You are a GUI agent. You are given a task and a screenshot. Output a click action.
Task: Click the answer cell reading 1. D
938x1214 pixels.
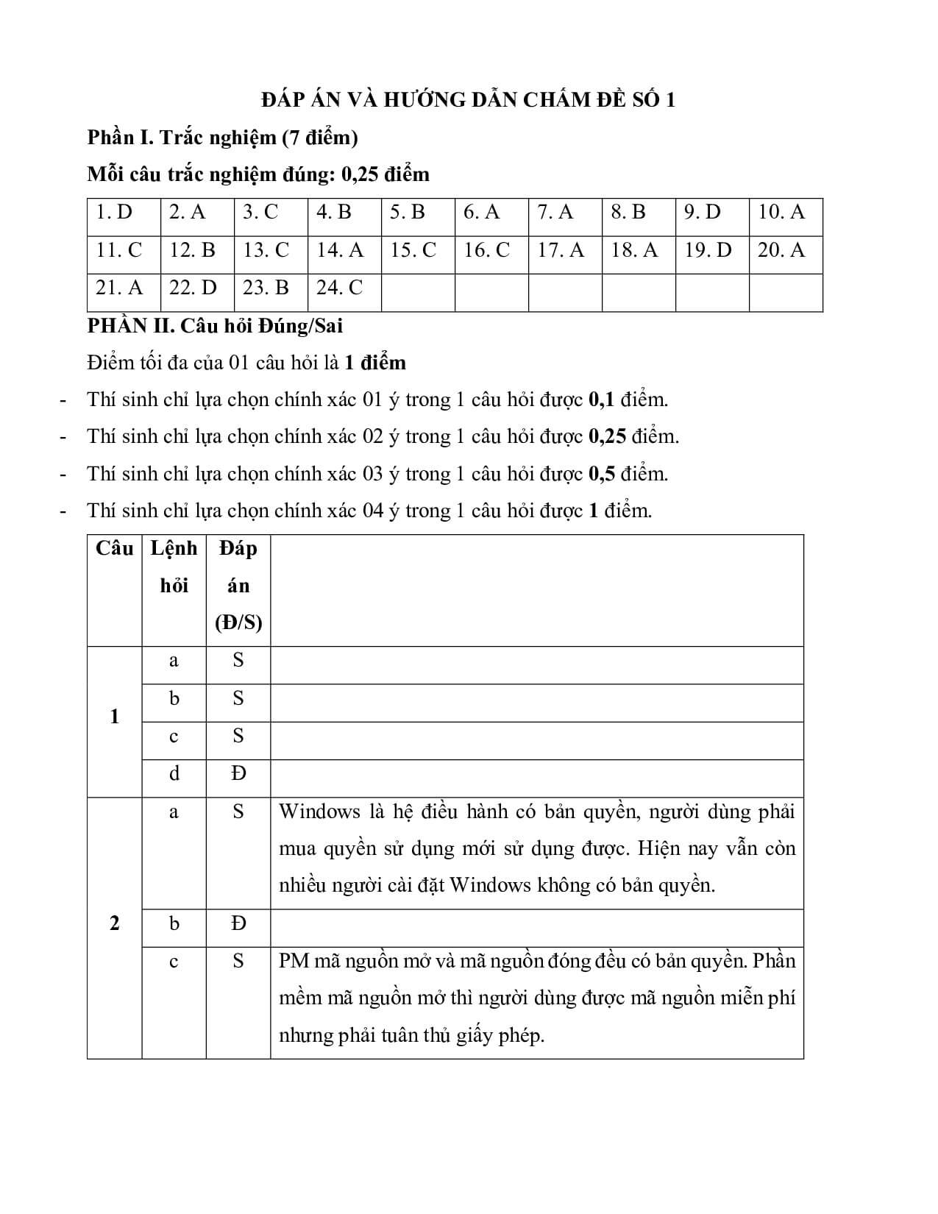(114, 213)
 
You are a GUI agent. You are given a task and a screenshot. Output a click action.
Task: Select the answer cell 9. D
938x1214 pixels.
(702, 213)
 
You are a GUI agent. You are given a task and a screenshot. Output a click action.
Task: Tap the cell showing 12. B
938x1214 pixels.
(192, 250)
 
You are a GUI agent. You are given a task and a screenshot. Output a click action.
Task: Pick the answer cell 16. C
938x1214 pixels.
(486, 250)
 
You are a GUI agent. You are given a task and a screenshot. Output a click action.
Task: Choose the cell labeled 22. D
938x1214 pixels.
(193, 288)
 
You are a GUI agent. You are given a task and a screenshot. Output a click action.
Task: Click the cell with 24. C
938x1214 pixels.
(339, 288)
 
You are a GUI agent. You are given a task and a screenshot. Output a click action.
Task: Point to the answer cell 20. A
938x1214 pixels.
(781, 250)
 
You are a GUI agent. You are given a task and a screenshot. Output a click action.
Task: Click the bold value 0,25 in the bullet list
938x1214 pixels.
(607, 436)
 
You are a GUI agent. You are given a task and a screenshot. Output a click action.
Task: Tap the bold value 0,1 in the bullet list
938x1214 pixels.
(601, 400)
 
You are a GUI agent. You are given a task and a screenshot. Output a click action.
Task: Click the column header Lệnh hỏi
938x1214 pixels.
(174, 567)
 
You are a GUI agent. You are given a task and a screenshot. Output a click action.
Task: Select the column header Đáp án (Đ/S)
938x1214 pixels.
(238, 586)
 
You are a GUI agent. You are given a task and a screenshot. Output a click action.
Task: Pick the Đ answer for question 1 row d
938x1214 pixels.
(238, 773)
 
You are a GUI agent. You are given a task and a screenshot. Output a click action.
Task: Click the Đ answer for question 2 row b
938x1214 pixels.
(238, 923)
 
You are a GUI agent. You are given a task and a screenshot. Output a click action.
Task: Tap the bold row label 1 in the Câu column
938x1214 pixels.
(114, 717)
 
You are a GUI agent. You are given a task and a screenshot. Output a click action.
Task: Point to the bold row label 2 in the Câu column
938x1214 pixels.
(114, 923)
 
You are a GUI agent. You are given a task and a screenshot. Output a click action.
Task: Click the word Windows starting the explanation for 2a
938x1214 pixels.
(319, 812)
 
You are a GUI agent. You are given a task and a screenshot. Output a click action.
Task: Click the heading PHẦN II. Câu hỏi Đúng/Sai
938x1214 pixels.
(215, 325)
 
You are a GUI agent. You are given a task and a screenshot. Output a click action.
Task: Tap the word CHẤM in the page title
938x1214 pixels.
(558, 99)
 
